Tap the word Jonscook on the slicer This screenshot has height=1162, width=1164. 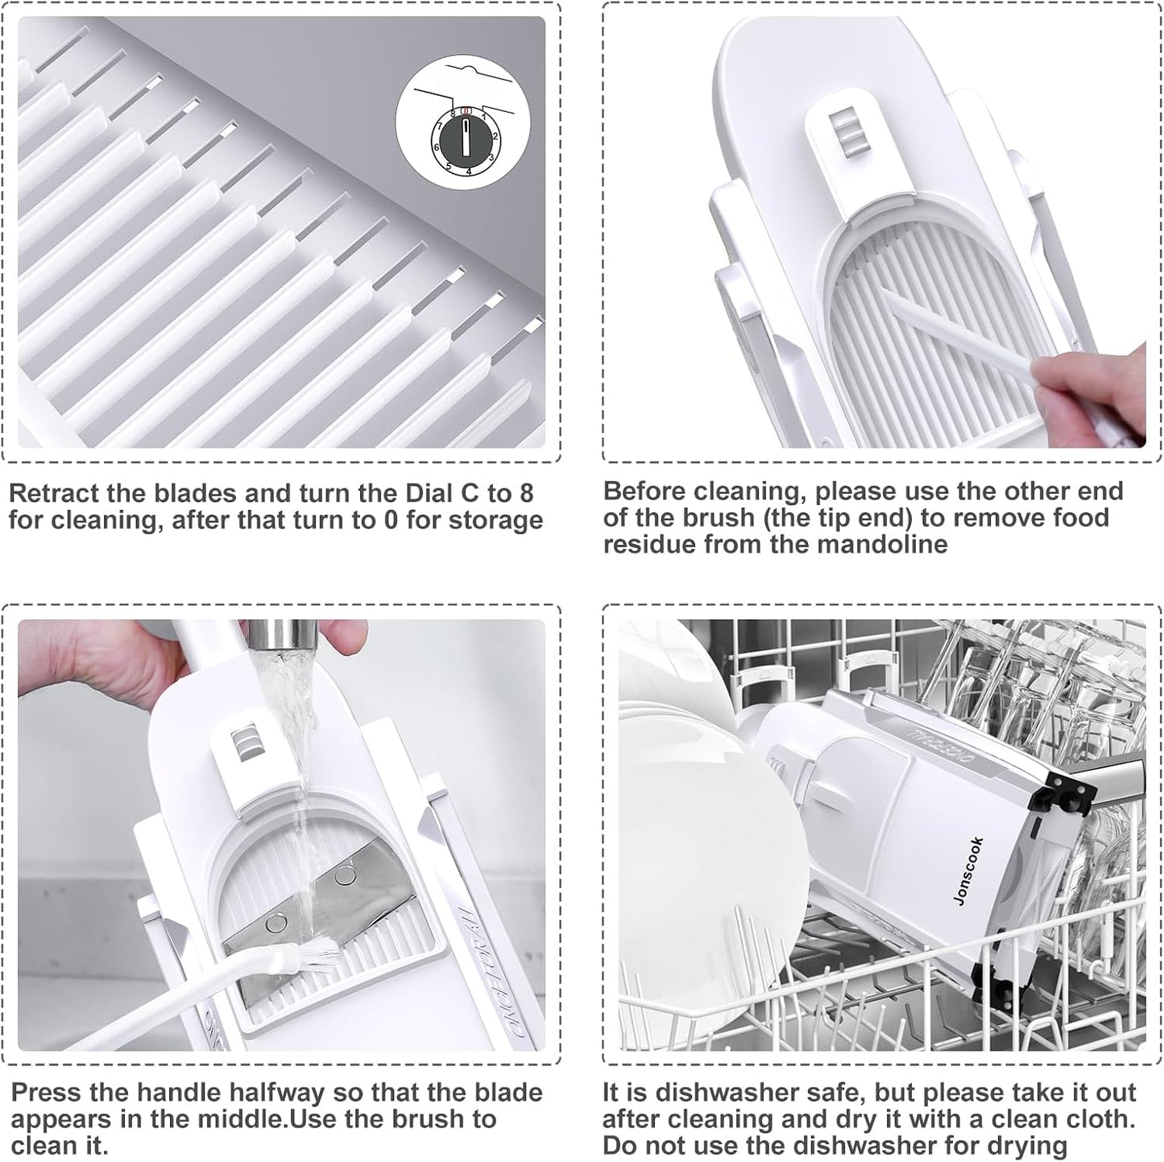pyautogui.click(x=967, y=871)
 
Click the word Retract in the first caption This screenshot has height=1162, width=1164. pyautogui.click(x=53, y=493)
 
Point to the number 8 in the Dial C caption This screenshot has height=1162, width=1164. pyautogui.click(x=526, y=493)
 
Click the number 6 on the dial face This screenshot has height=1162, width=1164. pyautogui.click(x=436, y=147)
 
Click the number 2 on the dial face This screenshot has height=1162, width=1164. pyautogui.click(x=496, y=136)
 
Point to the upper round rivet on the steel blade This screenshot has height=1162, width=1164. pyautogui.click(x=345, y=874)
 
